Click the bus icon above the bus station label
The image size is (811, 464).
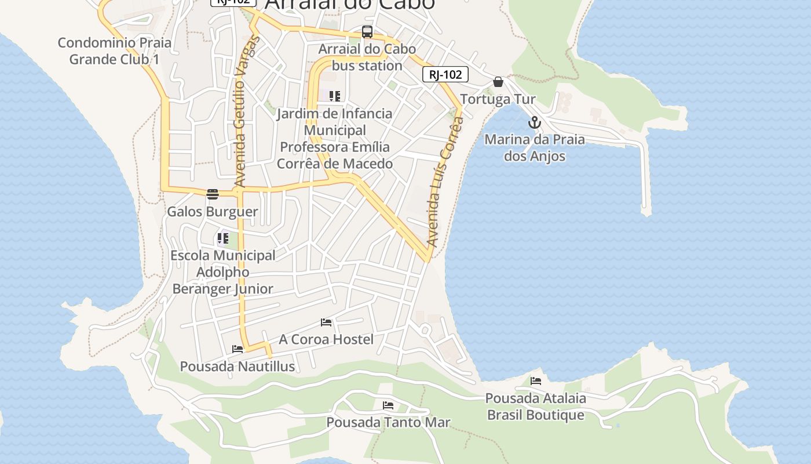tap(367, 32)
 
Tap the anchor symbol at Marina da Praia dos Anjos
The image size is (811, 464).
tap(534, 122)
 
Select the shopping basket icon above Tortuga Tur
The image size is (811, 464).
tap(498, 82)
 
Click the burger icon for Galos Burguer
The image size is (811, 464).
tap(213, 194)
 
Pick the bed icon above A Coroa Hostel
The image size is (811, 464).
tap(326, 322)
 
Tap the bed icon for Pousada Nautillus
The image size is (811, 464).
tap(238, 349)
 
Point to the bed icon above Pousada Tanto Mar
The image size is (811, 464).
tap(388, 405)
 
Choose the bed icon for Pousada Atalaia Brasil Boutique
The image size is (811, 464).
tap(536, 381)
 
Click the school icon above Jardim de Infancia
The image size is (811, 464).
tap(335, 96)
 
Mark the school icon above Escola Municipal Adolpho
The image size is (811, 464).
tap(223, 238)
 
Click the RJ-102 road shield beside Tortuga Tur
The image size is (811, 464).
tap(445, 74)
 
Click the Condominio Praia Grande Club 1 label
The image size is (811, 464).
tap(114, 51)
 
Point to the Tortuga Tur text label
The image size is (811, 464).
tap(498, 99)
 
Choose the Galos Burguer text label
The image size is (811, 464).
tap(213, 212)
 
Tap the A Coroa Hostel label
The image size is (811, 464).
tap(326, 339)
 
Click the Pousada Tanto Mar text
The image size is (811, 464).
tap(388, 422)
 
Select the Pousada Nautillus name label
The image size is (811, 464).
tap(238, 367)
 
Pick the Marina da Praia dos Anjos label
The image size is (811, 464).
tap(535, 148)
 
